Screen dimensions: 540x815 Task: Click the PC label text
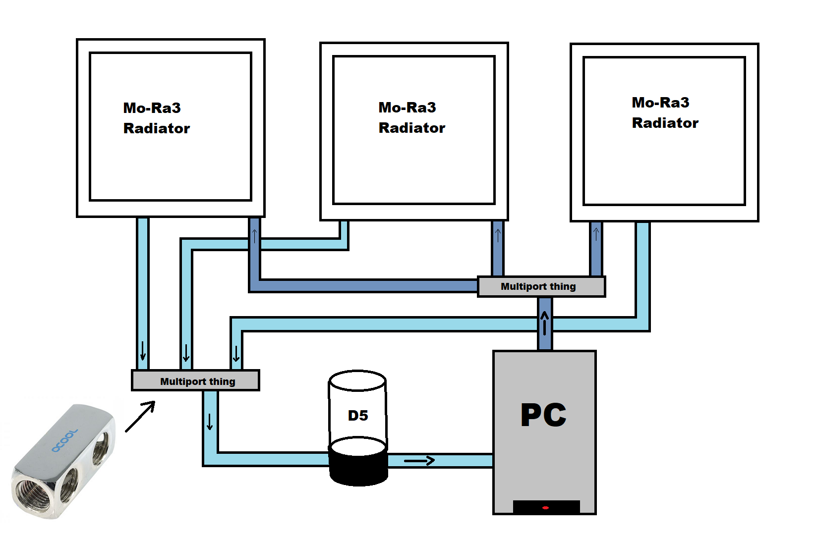[543, 415]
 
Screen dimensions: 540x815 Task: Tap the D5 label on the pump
[358, 416]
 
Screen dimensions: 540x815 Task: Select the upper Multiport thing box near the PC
[541, 287]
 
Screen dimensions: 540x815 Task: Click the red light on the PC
[545, 508]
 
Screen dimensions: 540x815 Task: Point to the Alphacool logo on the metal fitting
[64, 441]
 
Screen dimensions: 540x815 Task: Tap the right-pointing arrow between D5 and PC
[419, 461]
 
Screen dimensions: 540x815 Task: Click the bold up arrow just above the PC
[545, 323]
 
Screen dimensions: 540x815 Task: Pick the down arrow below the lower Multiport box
[210, 422]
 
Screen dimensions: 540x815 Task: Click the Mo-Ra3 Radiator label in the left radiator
[156, 118]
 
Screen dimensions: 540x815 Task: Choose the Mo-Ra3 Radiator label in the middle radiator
[411, 118]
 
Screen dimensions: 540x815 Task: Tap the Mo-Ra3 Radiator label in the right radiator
[665, 113]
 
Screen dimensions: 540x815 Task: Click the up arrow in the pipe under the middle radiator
[498, 235]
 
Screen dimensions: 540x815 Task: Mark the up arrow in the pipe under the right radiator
[596, 234]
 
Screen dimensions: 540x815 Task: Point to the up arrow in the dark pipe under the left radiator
[254, 236]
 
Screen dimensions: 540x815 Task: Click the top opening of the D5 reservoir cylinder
[357, 380]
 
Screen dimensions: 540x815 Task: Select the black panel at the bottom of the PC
[546, 507]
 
